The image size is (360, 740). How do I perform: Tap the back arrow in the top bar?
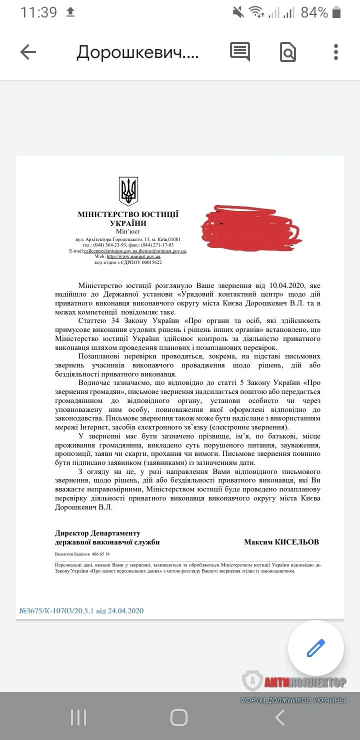click(x=28, y=52)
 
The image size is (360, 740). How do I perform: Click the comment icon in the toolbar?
click(x=239, y=51)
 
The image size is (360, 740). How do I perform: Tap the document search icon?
click(x=288, y=52)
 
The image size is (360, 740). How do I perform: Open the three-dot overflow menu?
click(x=336, y=52)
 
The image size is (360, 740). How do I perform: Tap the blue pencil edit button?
click(x=316, y=648)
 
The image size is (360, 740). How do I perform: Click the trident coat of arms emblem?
click(x=128, y=190)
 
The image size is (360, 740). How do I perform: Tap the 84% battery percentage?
click(x=314, y=12)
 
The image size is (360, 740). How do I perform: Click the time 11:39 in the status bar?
click(x=38, y=12)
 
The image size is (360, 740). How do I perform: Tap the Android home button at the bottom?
click(x=179, y=717)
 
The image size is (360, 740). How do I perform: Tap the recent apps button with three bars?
click(x=78, y=717)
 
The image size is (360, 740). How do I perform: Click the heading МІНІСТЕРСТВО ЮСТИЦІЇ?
click(x=128, y=214)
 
